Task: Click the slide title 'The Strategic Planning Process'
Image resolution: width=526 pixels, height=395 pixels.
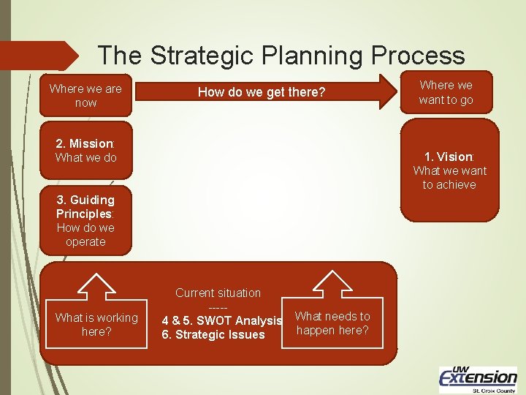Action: pyautogui.click(x=281, y=55)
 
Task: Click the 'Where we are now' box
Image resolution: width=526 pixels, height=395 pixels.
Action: pyautogui.click(x=85, y=96)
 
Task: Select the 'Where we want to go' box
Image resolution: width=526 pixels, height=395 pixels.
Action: pyautogui.click(x=446, y=92)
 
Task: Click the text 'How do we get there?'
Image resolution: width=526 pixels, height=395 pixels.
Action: pyautogui.click(x=262, y=92)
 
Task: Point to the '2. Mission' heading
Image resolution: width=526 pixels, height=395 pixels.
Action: pyautogui.click(x=85, y=143)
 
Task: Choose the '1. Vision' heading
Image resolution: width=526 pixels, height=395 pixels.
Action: pyautogui.click(x=449, y=157)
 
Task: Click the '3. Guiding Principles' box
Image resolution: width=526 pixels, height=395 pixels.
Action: pyautogui.click(x=85, y=220)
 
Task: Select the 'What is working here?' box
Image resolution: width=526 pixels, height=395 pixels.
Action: pyautogui.click(x=96, y=324)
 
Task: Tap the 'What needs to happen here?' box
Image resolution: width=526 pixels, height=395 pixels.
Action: pyautogui.click(x=332, y=323)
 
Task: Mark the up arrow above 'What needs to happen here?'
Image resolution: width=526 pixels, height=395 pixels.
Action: pyautogui.click(x=332, y=284)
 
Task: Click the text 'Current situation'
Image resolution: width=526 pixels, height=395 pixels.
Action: pyautogui.click(x=218, y=293)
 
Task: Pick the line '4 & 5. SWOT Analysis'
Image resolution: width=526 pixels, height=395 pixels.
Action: pyautogui.click(x=221, y=320)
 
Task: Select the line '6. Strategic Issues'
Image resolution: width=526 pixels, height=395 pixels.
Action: pyautogui.click(x=213, y=335)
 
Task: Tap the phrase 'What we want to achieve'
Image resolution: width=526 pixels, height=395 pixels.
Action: pyautogui.click(x=449, y=178)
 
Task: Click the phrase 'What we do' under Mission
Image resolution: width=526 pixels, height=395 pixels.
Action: pyautogui.click(x=85, y=158)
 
